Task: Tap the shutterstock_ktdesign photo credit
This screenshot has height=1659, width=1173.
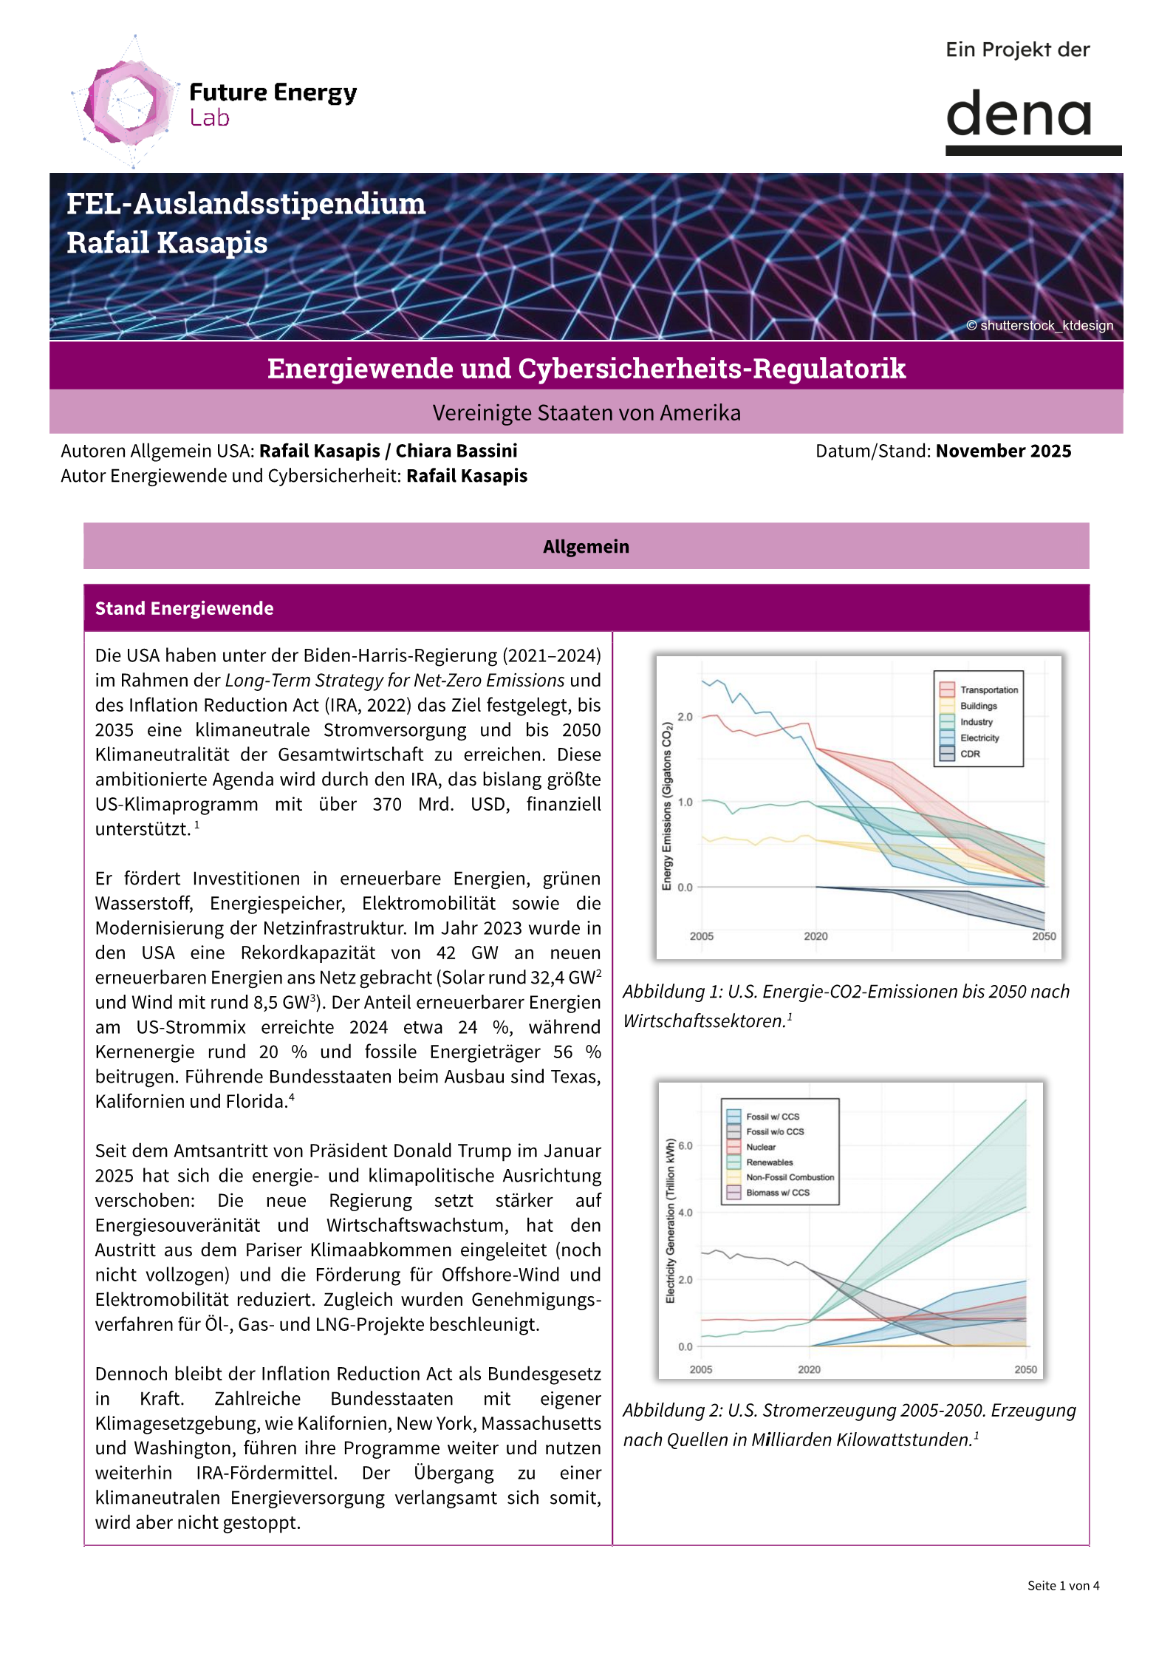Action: click(x=1039, y=326)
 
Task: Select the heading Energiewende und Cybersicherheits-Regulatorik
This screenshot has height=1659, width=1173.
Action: click(x=586, y=368)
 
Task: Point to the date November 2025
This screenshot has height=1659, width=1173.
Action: click(x=1003, y=451)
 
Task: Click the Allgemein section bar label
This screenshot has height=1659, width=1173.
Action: click(x=586, y=547)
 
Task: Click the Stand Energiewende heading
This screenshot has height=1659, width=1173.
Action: click(x=184, y=608)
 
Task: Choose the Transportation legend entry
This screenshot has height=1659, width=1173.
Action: click(x=988, y=689)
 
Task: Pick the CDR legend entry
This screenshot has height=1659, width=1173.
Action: click(x=970, y=754)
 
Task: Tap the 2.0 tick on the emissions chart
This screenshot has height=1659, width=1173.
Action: click(x=685, y=717)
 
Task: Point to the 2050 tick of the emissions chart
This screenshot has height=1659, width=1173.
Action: click(x=1043, y=936)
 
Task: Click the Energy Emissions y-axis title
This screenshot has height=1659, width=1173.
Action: click(x=666, y=805)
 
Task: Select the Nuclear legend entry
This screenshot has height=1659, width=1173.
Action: click(x=760, y=1147)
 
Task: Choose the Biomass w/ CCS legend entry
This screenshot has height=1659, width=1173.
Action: click(x=777, y=1192)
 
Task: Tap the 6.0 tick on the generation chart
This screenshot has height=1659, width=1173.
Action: click(x=685, y=1146)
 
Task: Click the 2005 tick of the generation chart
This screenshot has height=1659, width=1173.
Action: click(x=700, y=1369)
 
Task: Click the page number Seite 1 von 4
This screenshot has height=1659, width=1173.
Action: click(x=1062, y=1585)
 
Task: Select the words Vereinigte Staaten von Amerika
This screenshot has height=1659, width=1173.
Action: click(x=586, y=412)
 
